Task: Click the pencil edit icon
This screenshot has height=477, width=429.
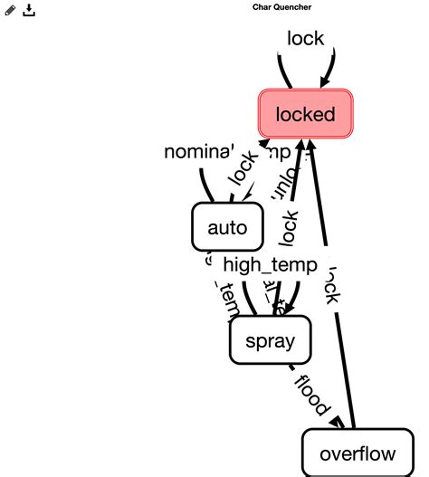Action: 11,10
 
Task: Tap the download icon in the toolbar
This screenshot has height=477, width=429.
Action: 29,10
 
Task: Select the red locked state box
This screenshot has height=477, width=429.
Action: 305,115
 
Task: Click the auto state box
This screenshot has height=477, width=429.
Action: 227,227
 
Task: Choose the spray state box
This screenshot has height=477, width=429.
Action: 269,340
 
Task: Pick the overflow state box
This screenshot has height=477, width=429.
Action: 357,453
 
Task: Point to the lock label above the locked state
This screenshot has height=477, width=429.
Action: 305,39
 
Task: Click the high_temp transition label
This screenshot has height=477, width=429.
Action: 270,264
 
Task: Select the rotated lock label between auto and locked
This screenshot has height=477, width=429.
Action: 243,167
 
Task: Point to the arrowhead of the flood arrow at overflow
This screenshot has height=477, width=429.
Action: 335,423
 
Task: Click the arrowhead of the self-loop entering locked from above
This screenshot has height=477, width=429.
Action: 325,83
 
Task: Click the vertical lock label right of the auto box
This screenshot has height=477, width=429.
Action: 289,227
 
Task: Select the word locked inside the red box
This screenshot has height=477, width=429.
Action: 305,115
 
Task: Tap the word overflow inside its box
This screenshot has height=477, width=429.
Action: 357,453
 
